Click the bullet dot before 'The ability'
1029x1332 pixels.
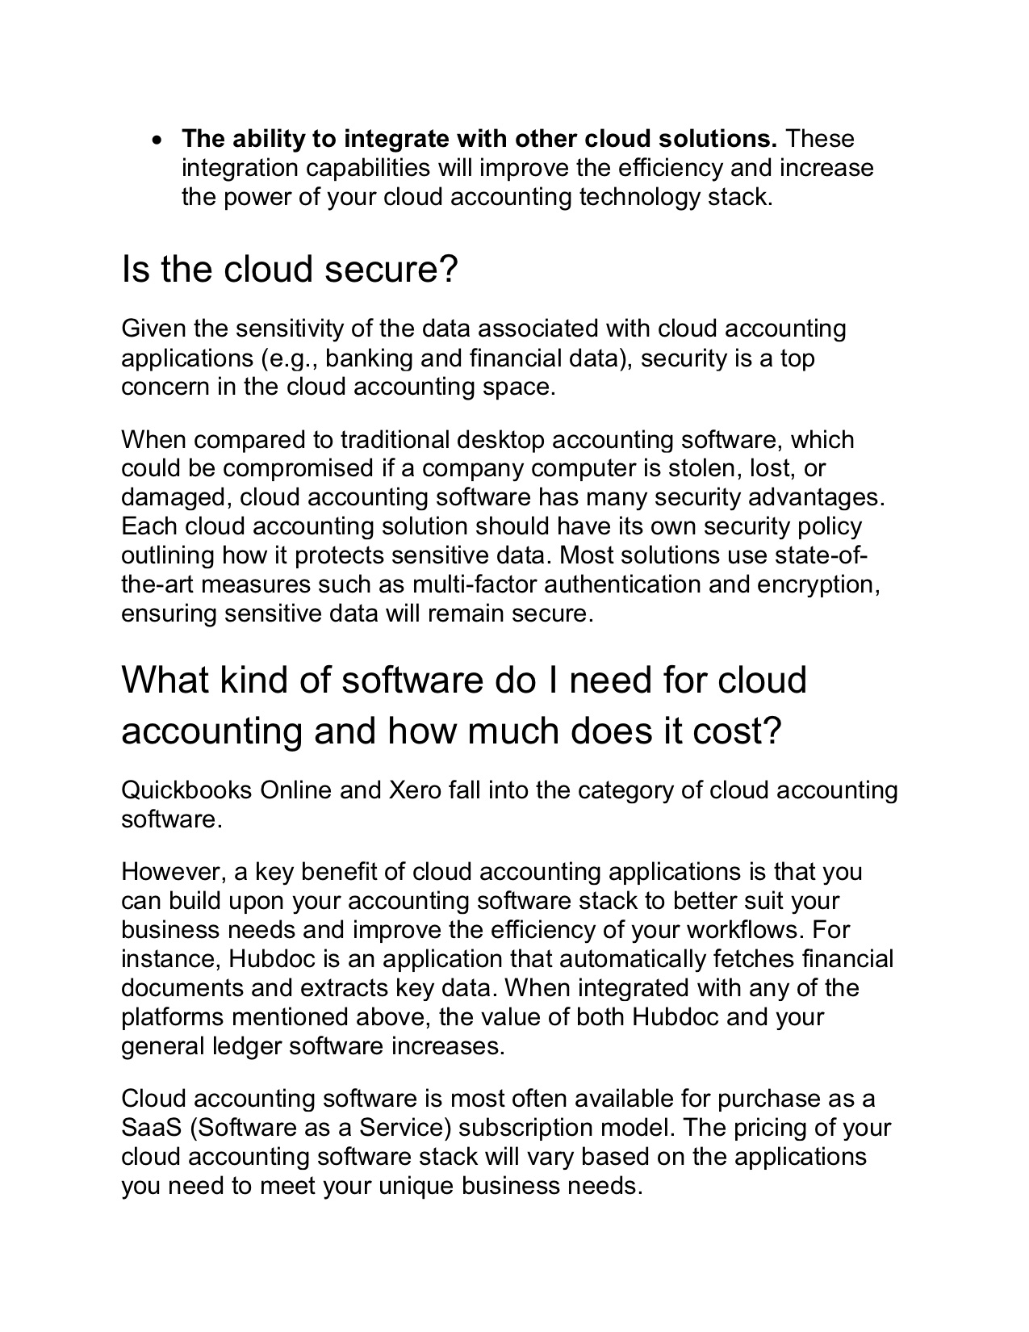pos(157,140)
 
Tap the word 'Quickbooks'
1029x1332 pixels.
pos(186,790)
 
